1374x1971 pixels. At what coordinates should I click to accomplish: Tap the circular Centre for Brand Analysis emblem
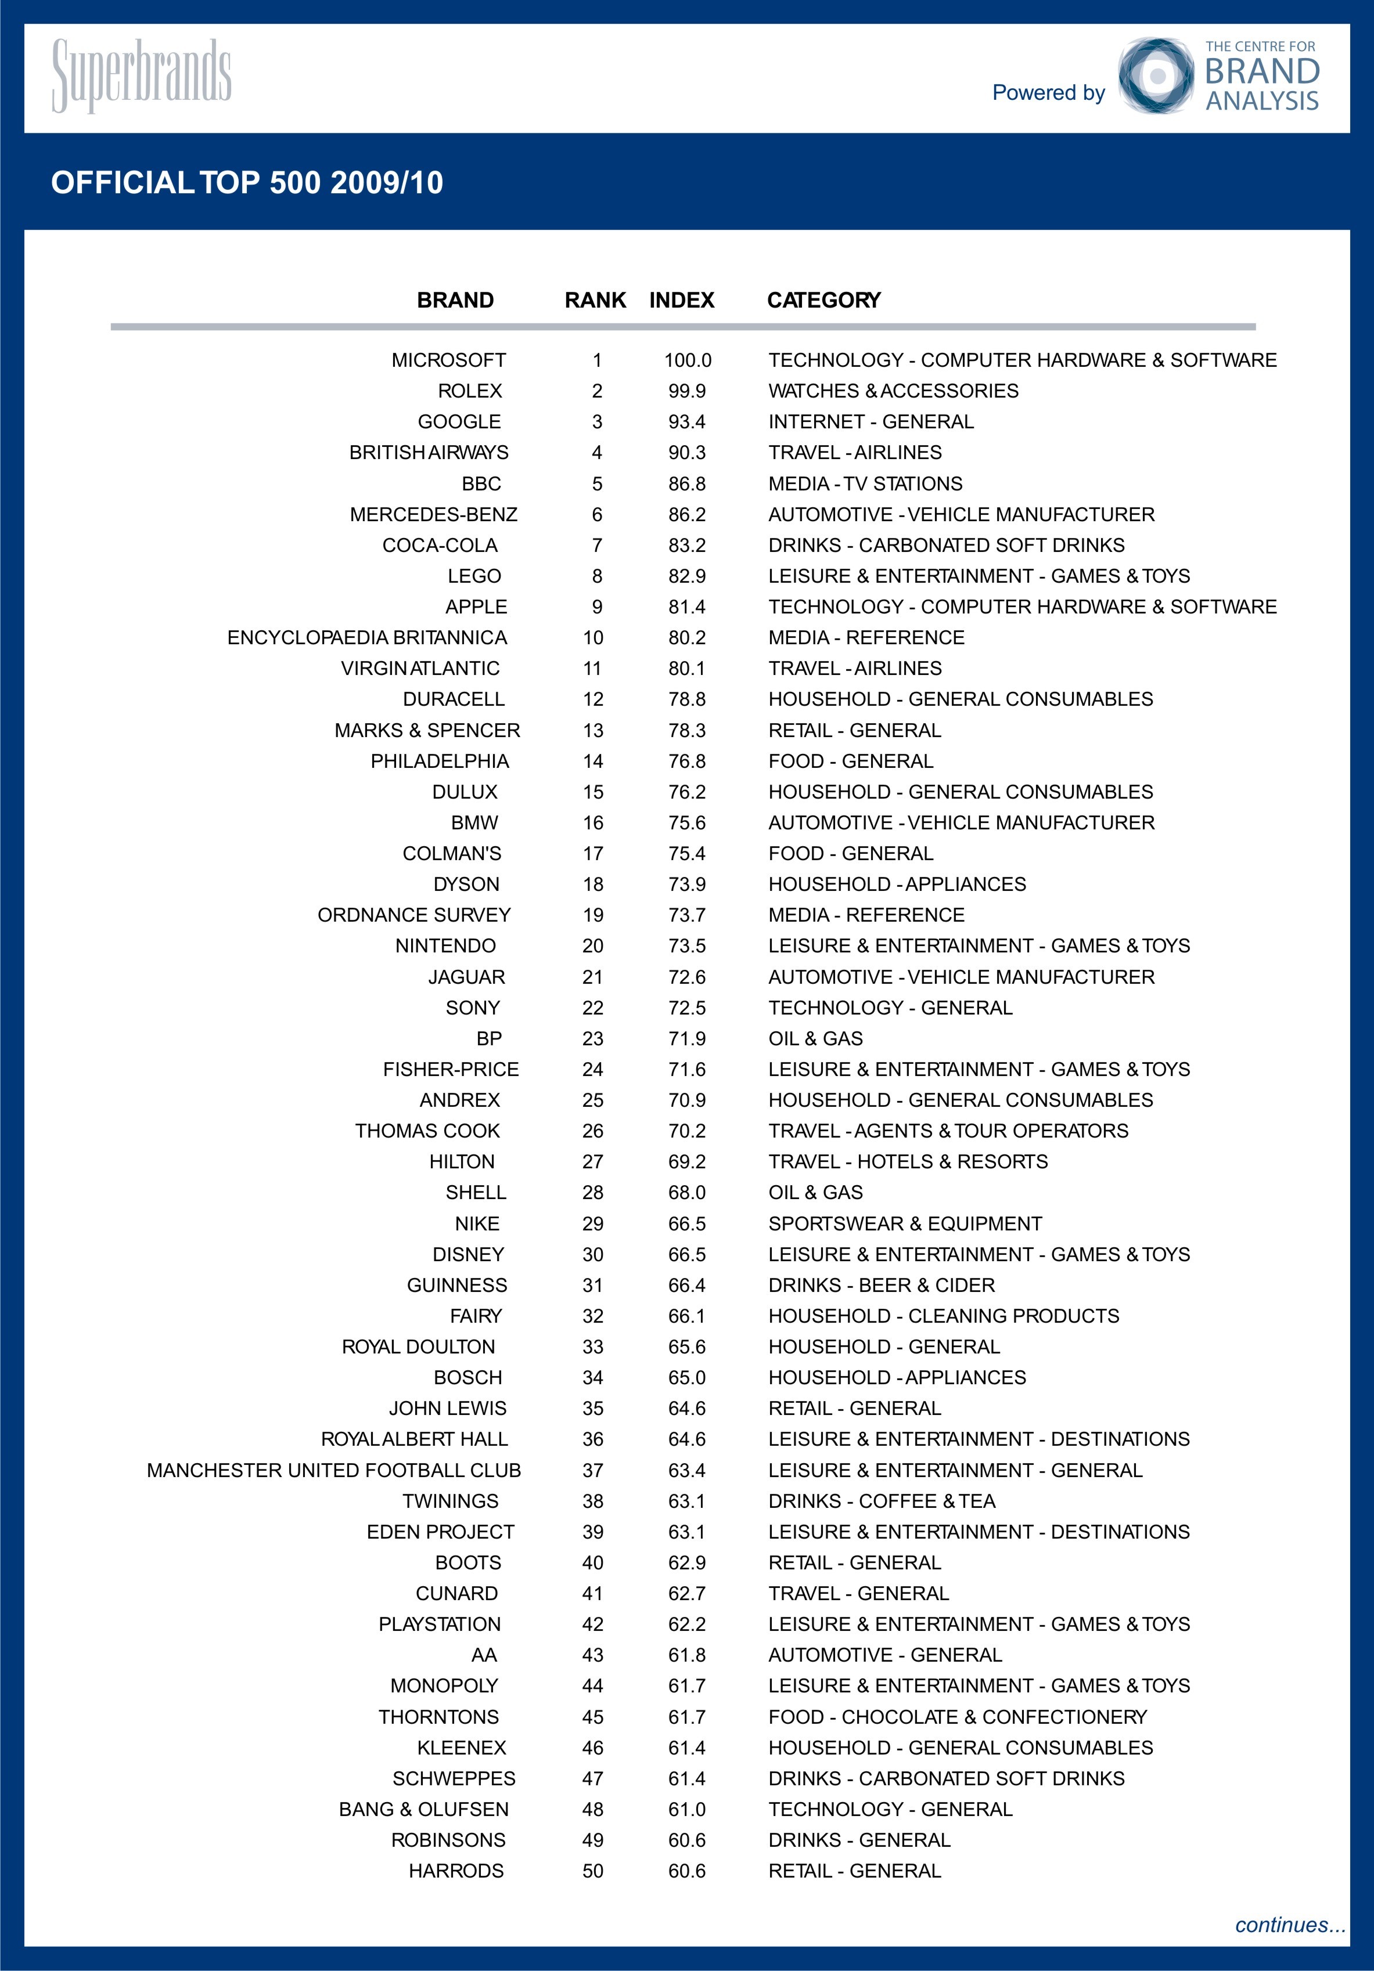coord(1156,75)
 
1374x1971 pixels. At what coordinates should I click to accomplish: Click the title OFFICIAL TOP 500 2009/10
coord(247,183)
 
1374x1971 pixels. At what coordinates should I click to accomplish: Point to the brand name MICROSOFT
coord(448,360)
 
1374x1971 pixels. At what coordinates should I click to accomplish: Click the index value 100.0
coord(687,360)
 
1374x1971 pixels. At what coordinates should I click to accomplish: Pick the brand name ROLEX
coord(470,391)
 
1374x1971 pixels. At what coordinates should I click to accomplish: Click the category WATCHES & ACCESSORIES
coord(893,391)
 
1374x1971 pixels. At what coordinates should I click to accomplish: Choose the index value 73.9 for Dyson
coord(687,884)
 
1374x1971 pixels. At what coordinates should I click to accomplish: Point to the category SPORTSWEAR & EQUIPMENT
coord(905,1223)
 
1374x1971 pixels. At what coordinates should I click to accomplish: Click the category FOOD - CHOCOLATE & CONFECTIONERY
coord(958,1716)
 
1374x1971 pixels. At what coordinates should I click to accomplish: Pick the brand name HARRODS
coord(456,1871)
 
